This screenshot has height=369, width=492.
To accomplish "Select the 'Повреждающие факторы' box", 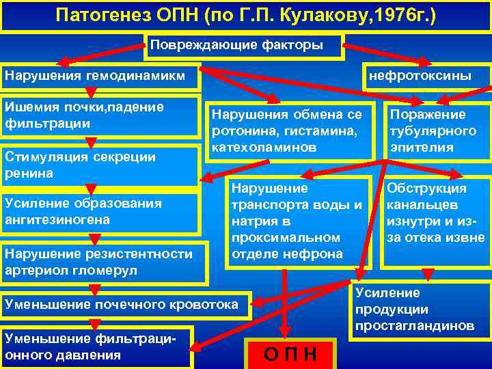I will [x=245, y=46].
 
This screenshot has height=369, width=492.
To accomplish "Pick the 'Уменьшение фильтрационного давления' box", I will [x=96, y=346].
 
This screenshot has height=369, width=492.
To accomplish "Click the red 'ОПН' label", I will [x=290, y=354].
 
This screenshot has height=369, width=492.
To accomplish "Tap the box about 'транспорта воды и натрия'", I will [x=297, y=221].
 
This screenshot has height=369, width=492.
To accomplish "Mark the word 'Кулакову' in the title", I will [x=327, y=14].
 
